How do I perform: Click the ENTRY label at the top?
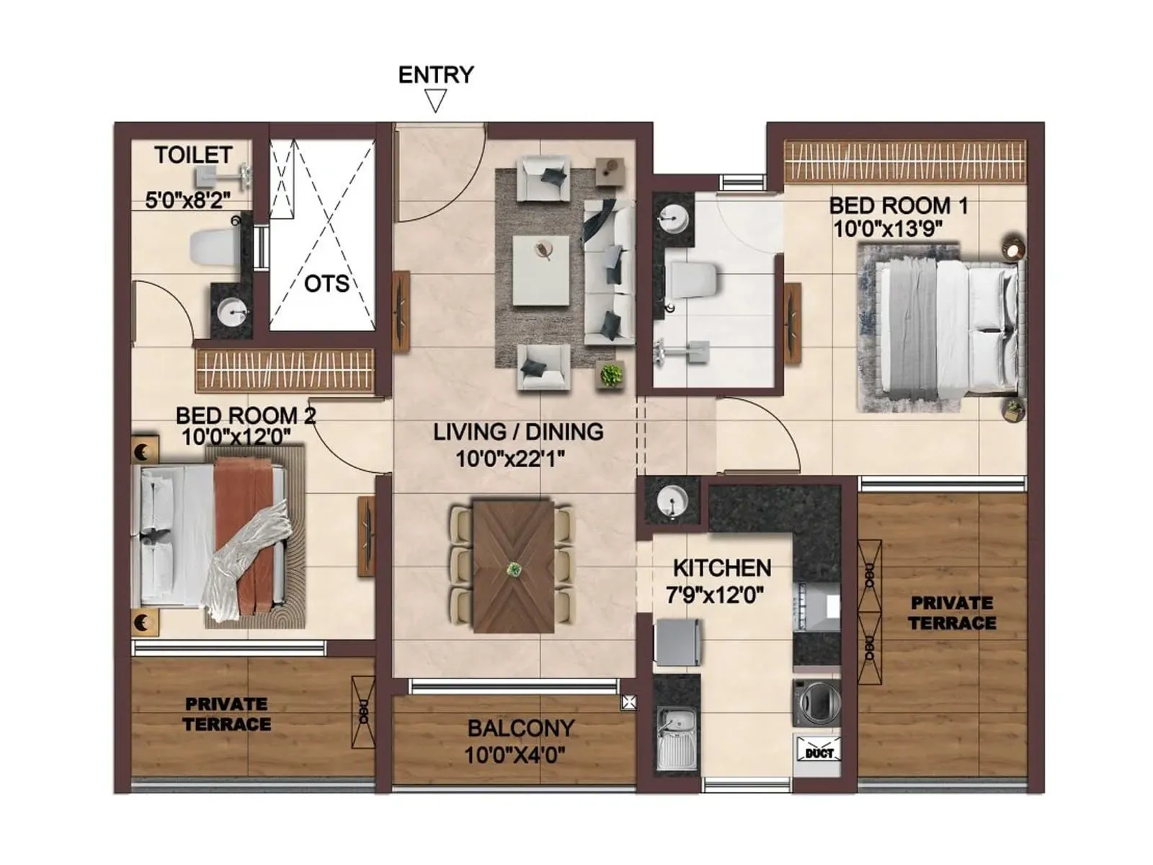point(435,74)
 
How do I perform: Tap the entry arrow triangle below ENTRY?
point(435,100)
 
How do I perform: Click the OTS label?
point(326,284)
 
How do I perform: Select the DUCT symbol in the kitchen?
point(818,752)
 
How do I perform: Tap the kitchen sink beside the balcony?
point(676,739)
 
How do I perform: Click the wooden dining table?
point(513,567)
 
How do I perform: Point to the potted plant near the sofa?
point(610,376)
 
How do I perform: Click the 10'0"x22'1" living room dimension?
point(509,458)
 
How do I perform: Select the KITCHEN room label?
point(721,568)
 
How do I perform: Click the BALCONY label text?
point(520,728)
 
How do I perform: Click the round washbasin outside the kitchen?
point(672,499)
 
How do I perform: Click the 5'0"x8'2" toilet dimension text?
point(187,200)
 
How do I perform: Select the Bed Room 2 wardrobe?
point(285,371)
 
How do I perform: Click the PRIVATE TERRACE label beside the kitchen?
point(951,613)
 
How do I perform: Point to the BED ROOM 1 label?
point(898,205)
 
